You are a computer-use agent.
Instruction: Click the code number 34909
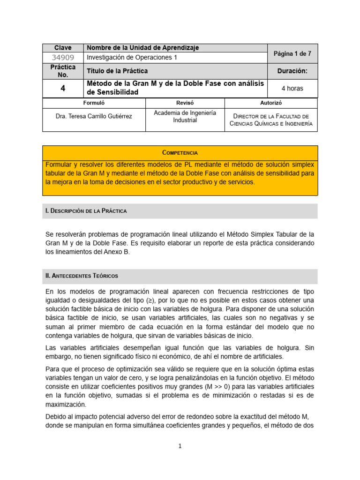pos(63,58)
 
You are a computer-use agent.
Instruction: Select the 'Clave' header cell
pos(63,48)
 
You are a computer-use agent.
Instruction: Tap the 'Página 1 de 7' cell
pos(292,54)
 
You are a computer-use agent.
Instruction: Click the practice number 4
pos(63,88)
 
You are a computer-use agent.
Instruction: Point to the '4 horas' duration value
pos(292,88)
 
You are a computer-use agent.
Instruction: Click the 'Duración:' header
pos(292,71)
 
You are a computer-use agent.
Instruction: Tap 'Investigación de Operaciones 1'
pos(132,58)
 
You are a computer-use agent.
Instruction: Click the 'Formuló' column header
pos(94,103)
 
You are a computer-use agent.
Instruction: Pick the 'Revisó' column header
pos(185,103)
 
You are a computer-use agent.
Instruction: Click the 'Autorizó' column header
pos(271,103)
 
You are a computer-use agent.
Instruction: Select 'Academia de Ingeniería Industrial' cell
pos(185,116)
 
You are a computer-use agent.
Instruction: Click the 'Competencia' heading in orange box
pos(180,153)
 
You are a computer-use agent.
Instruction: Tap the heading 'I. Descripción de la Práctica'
pos(86,211)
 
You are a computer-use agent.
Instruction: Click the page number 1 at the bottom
pos(180,446)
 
